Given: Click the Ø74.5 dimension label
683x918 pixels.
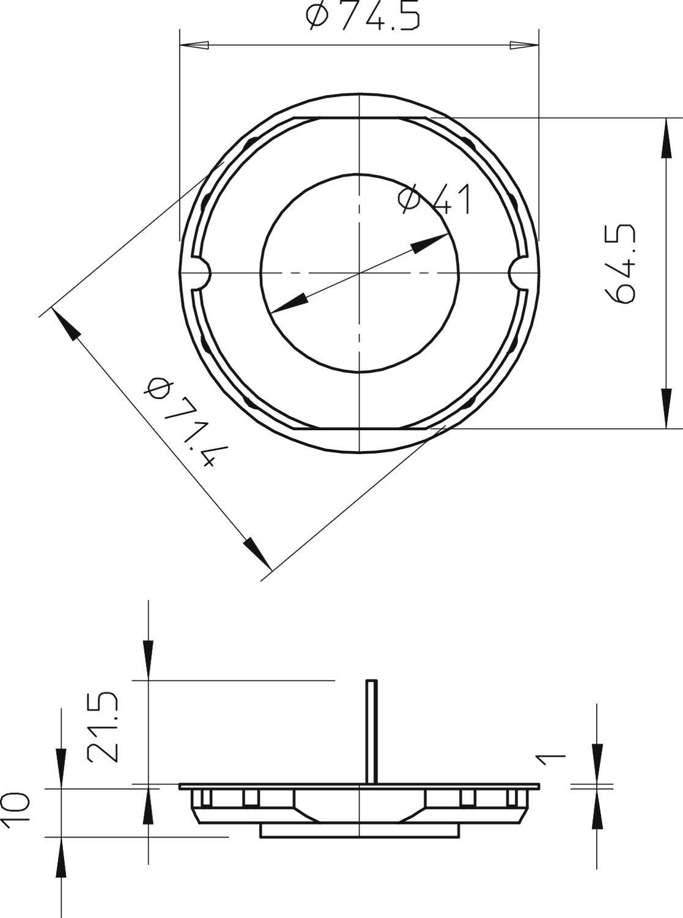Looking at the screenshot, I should [363, 17].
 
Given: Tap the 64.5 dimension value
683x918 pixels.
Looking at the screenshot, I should [620, 264].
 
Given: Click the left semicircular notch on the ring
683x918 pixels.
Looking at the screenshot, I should [202, 272].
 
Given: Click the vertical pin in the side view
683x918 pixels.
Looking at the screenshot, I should [371, 731].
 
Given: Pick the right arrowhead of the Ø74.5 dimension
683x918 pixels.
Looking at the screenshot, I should [525, 45].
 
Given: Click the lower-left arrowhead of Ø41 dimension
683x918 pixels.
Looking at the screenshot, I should [287, 302].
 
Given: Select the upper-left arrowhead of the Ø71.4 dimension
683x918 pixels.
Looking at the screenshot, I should [66, 325].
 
